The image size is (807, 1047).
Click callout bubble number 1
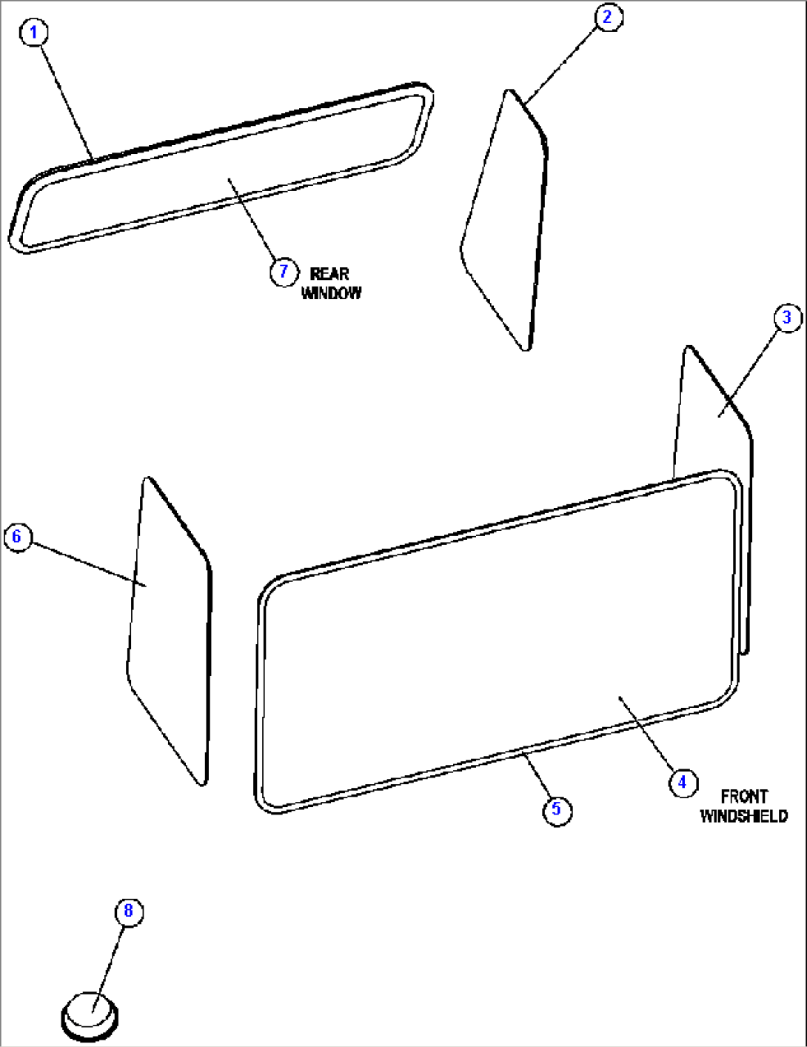coord(33,33)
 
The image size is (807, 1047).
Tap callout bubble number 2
coord(608,17)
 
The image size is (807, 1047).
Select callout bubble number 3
coord(787,318)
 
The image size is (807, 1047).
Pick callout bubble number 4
coord(683,782)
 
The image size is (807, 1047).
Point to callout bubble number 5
coord(557,809)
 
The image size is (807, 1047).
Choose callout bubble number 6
coord(18,536)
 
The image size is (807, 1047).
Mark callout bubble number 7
coord(283,272)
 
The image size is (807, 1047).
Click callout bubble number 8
coord(128,911)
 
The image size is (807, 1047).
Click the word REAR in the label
coord(329,274)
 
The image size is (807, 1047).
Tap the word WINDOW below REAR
coord(332,293)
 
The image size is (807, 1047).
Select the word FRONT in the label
coord(743,797)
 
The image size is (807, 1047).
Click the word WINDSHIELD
coord(743,816)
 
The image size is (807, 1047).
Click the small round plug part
coord(90,1016)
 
